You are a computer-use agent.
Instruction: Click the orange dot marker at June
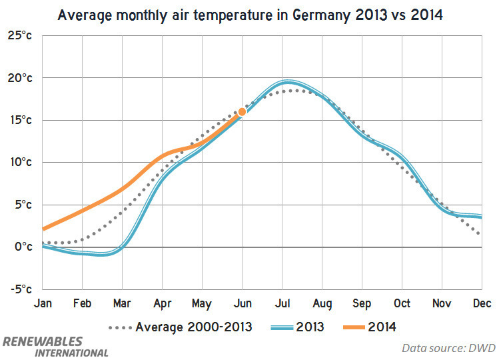click(x=242, y=112)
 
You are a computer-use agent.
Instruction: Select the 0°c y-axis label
click(x=23, y=247)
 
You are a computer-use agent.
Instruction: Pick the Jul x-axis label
click(x=282, y=304)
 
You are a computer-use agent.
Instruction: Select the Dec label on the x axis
click(x=482, y=304)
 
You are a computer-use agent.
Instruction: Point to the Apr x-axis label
click(x=163, y=304)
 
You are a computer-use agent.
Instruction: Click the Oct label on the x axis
click(x=402, y=304)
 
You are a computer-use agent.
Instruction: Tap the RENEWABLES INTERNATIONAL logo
click(x=55, y=346)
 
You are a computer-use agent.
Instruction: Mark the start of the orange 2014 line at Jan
click(x=42, y=229)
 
